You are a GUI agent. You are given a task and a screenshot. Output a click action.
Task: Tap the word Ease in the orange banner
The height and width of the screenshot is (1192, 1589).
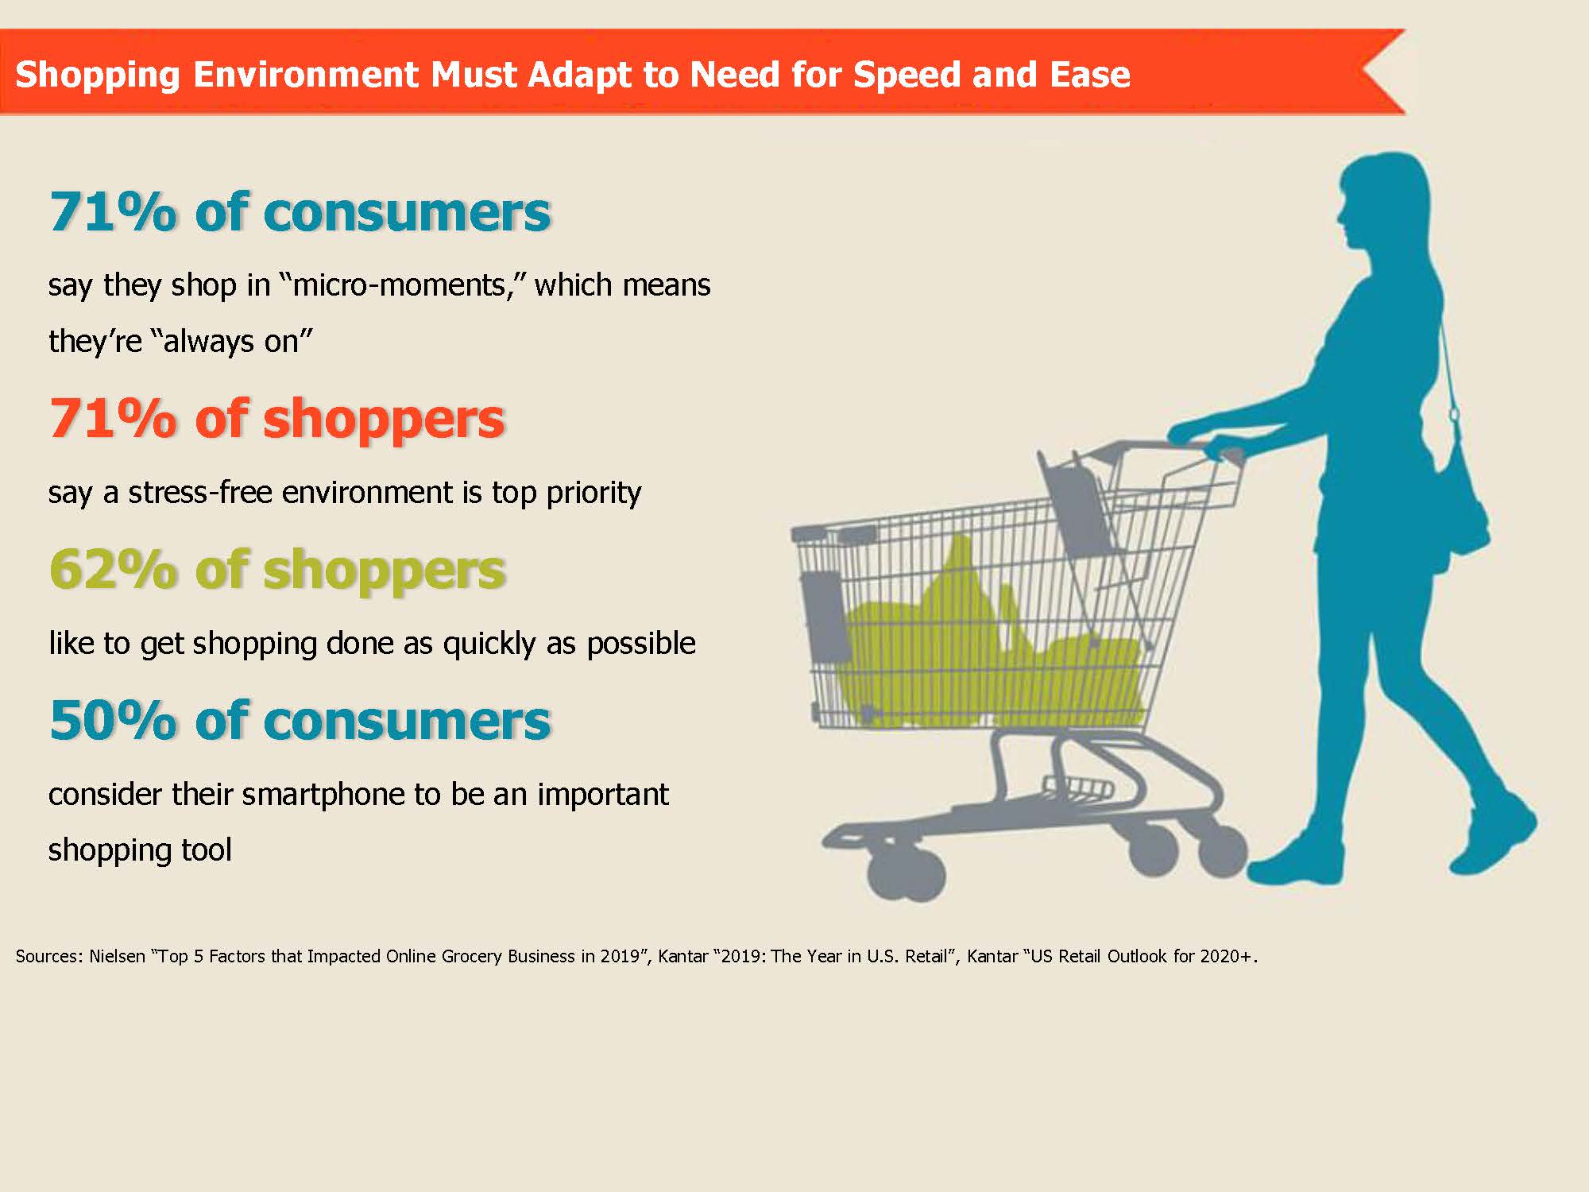pos(1089,74)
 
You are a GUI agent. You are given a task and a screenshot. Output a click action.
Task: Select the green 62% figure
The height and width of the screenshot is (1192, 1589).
pos(113,569)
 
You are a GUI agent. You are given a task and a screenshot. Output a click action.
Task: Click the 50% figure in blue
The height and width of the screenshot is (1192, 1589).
pos(113,720)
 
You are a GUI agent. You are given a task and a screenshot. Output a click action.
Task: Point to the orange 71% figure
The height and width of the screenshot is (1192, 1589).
pos(113,418)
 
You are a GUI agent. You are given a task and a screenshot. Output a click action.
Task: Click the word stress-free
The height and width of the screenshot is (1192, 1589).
pos(199,493)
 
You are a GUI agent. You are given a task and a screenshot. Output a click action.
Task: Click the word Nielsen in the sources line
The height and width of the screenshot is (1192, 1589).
pos(117,956)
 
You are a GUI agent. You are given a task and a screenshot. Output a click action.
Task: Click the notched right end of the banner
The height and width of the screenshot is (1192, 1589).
pos(1362,72)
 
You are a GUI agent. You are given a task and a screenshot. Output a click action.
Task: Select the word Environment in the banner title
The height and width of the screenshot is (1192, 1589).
pos(305,75)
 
